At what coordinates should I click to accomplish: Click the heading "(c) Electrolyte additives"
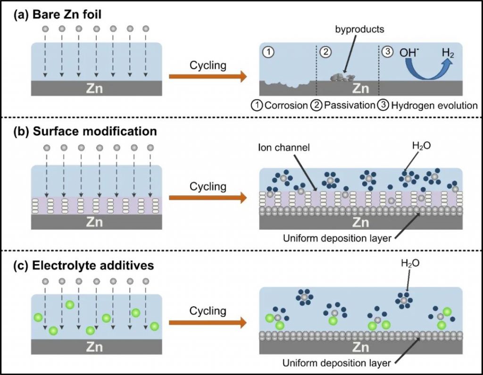[x=84, y=266]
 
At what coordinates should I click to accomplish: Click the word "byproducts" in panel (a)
[x=360, y=29]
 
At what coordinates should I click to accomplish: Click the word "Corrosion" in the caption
[x=286, y=105]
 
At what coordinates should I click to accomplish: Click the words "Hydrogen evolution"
[x=436, y=105]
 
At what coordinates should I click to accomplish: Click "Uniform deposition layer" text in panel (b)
[x=337, y=238]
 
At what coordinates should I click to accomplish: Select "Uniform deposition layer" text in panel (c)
[x=337, y=363]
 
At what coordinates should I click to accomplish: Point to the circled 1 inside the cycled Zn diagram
[x=268, y=52]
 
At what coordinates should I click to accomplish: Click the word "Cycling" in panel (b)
[x=208, y=187]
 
